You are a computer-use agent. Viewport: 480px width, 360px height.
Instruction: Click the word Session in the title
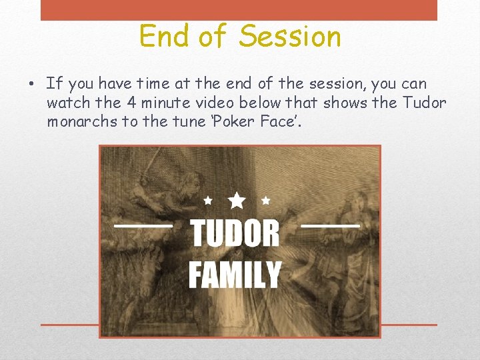click(x=289, y=37)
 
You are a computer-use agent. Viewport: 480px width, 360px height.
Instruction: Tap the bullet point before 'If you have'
click(x=32, y=85)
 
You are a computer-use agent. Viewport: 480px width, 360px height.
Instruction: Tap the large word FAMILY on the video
click(x=235, y=275)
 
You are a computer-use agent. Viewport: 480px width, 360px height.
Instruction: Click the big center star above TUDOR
click(x=237, y=199)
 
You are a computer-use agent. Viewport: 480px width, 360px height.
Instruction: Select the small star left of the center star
click(x=208, y=200)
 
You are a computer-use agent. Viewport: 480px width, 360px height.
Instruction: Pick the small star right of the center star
click(x=265, y=200)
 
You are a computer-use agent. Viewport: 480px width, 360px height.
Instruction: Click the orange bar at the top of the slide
click(x=239, y=10)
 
